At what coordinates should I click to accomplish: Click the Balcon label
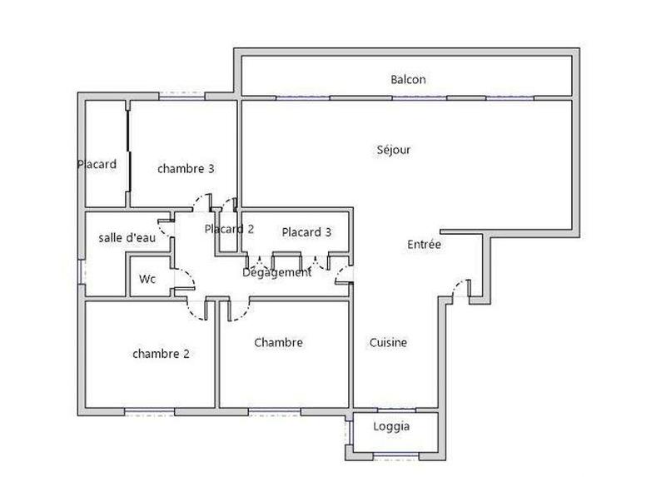[x=408, y=80]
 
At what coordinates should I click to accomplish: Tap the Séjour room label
[x=394, y=150]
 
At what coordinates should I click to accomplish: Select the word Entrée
[x=424, y=245]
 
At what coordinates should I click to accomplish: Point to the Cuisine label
[x=388, y=342]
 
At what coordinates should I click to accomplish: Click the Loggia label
[x=391, y=426]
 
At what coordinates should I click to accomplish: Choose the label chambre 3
[x=186, y=168]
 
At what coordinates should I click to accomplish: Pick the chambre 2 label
[x=161, y=353]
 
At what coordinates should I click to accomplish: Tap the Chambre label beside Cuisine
[x=278, y=342]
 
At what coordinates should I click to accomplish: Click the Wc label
[x=147, y=279]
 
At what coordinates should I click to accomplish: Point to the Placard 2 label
[x=228, y=229]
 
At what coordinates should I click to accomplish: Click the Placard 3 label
[x=306, y=232]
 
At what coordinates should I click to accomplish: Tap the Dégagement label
[x=277, y=272]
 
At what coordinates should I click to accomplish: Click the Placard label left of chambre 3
[x=97, y=164]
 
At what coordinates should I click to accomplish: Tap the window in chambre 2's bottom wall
[x=150, y=410]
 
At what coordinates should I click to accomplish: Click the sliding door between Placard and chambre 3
[x=127, y=155]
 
